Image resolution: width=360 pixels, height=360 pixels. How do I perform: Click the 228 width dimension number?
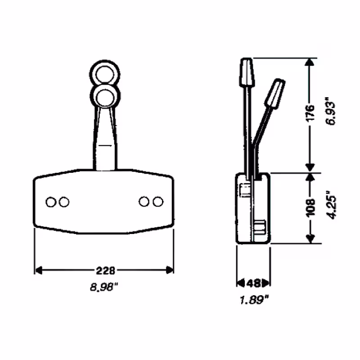click(105, 270)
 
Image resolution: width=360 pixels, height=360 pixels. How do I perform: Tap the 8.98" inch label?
click(105, 286)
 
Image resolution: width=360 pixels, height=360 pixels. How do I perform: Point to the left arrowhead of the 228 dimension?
click(38, 270)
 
